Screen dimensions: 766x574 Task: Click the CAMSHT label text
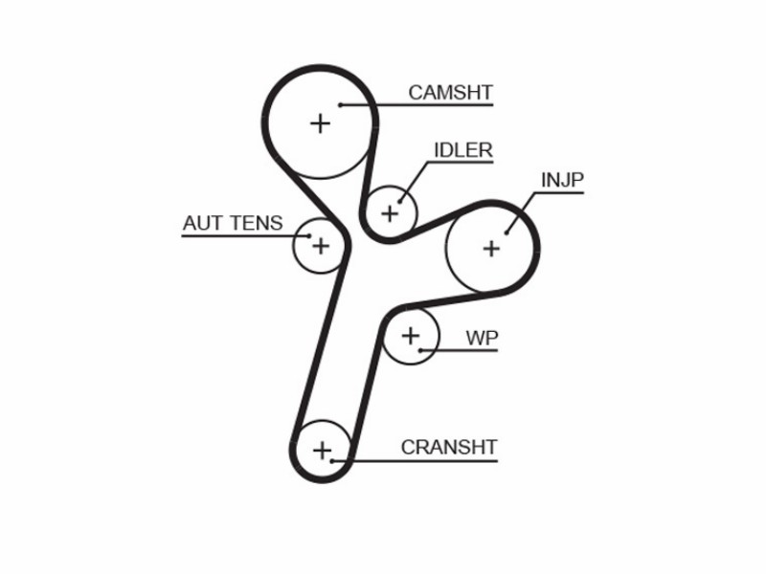click(450, 92)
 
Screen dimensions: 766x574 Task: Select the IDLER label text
click(463, 150)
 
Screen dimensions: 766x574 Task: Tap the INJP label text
click(562, 180)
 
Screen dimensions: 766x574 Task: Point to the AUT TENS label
click(233, 223)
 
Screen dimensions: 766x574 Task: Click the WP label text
click(482, 338)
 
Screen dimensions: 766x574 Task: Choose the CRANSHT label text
click(448, 447)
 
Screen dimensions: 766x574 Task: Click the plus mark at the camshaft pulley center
click(321, 123)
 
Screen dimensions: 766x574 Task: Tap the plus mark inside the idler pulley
click(390, 213)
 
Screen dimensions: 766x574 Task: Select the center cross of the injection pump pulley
click(491, 249)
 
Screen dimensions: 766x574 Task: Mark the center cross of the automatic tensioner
click(321, 246)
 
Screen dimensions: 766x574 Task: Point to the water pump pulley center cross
click(411, 336)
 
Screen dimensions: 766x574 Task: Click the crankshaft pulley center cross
click(322, 450)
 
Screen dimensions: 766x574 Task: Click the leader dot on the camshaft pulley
click(340, 104)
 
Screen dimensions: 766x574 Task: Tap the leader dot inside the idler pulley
click(400, 201)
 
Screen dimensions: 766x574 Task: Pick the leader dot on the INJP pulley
click(507, 232)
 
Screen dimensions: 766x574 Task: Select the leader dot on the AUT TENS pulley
click(309, 235)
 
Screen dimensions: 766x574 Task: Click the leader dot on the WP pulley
click(420, 350)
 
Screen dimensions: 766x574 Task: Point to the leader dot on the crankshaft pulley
click(331, 460)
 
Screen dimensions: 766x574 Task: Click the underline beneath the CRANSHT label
click(415, 460)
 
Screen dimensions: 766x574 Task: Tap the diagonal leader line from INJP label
click(520, 212)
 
